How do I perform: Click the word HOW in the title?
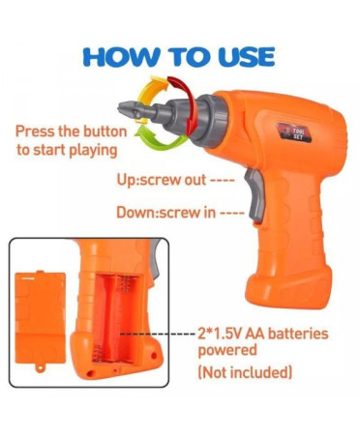122,58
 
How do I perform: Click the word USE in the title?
246,57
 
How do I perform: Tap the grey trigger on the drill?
255,194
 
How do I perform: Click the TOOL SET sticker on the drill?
294,132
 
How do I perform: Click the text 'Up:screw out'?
161,180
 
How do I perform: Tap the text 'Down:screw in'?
165,213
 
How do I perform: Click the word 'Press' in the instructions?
35,131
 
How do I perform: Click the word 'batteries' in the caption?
298,334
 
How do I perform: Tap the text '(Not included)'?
245,372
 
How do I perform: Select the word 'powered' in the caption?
227,350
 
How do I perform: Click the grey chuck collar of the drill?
210,121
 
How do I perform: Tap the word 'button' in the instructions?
105,131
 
